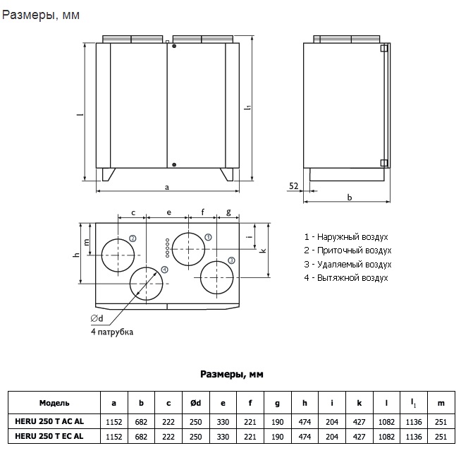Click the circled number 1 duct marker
tap(209, 236)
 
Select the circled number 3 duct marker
tap(231, 260)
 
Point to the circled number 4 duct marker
tap(164, 270)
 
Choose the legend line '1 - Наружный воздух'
tap(346, 237)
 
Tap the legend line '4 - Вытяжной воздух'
tap(346, 278)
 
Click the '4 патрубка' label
tap(111, 332)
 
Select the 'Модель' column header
tap(54, 403)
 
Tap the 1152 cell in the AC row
tap(114, 421)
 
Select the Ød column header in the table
tap(196, 403)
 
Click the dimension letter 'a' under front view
tap(167, 187)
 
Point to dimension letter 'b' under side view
tap(350, 198)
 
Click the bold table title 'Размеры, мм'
tap(232, 374)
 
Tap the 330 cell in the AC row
tap(223, 421)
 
